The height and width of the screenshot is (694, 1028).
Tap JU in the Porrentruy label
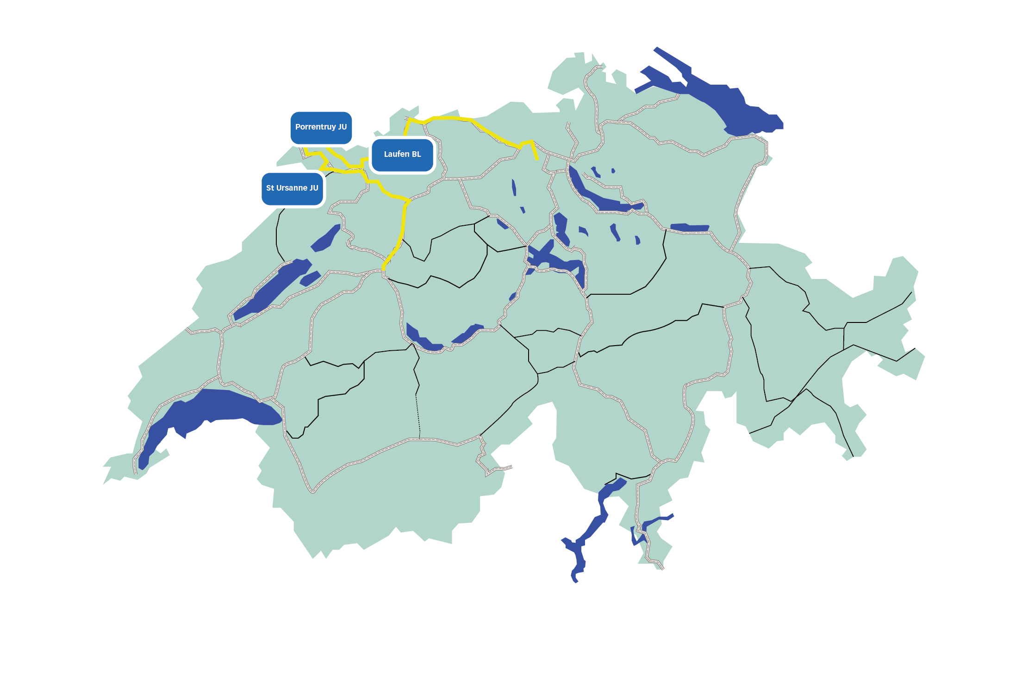pos(342,127)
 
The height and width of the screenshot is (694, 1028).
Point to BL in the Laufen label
pos(416,154)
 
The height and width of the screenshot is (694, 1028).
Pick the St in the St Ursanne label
pos(270,188)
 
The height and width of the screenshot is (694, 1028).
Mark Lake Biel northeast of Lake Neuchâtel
pos(326,238)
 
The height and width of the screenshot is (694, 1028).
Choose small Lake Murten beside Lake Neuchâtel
pos(310,279)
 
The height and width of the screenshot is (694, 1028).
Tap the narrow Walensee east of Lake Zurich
pos(690,227)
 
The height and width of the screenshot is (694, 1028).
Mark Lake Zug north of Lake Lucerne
pos(561,227)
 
